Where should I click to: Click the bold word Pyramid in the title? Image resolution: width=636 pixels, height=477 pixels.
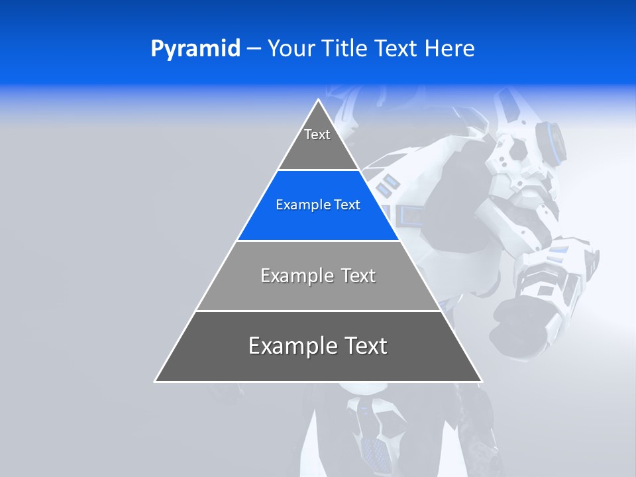point(195,49)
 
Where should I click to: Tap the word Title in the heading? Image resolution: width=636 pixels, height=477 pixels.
point(345,49)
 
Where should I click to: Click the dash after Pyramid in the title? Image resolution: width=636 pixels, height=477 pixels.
point(254,49)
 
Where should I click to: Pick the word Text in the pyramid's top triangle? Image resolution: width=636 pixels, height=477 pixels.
point(317,134)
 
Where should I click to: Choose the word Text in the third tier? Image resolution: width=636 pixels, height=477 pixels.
point(358,276)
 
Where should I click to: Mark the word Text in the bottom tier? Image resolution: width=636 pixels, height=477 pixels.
point(365,346)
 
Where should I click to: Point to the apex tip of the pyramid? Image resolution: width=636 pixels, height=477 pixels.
point(319,100)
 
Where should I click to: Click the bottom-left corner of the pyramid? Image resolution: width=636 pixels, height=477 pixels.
point(156,381)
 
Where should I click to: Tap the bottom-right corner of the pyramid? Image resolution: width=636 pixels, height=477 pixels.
point(481,381)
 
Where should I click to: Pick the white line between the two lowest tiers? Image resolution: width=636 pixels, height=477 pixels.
point(318,311)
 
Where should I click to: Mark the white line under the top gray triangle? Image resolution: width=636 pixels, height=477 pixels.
point(318,170)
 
